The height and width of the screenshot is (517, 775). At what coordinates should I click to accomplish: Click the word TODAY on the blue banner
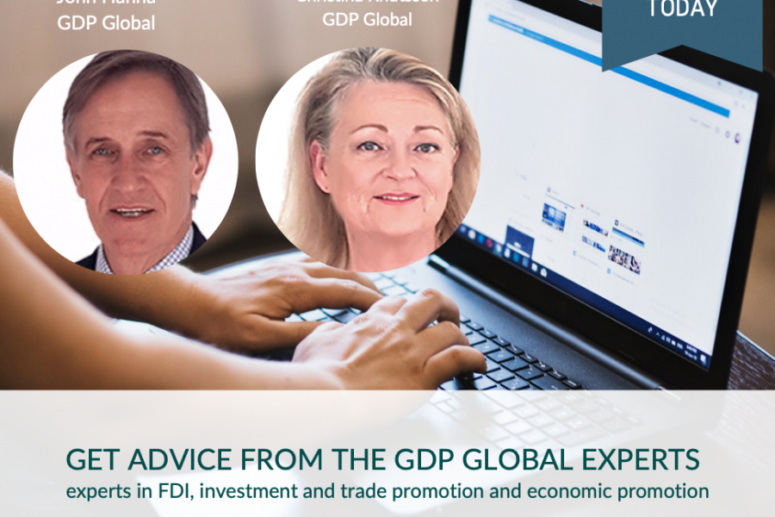tap(683, 9)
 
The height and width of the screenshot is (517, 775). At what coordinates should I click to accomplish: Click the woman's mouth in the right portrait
tap(397, 197)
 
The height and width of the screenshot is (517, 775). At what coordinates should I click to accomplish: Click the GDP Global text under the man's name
tap(106, 23)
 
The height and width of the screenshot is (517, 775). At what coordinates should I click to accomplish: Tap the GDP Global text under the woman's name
tap(367, 19)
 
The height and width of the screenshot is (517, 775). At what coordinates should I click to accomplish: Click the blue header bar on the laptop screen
tap(603, 60)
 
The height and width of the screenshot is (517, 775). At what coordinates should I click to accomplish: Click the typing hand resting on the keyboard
tap(387, 332)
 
